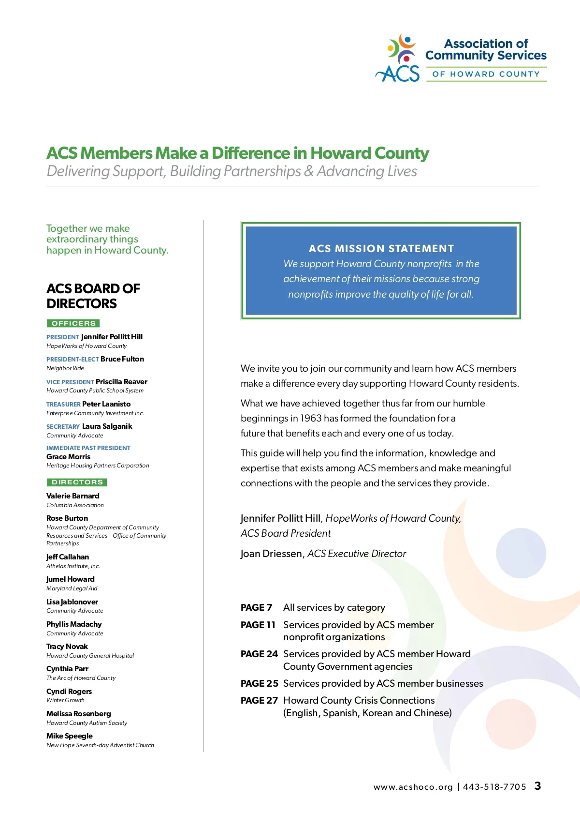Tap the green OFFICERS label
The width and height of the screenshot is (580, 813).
point(73,323)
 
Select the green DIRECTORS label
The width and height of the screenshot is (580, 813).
point(77,482)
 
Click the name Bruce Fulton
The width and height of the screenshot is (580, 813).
point(122,359)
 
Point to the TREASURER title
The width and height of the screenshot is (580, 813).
point(63,404)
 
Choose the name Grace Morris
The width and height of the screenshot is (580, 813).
point(68,457)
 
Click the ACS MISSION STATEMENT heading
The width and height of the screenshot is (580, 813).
point(381,249)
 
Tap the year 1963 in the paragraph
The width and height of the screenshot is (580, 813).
point(311,418)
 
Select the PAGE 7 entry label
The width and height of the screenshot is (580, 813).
point(256,607)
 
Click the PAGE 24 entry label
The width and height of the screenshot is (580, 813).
point(259,654)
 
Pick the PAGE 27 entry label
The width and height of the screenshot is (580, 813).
point(259,700)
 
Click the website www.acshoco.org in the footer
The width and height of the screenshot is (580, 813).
point(413,787)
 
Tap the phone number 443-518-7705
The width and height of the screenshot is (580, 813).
point(494,787)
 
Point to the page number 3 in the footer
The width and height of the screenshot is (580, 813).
point(537,786)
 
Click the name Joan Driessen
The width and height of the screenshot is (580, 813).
point(271,554)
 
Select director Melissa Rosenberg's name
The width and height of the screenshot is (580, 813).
point(79,714)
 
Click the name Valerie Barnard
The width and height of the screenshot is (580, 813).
point(73,496)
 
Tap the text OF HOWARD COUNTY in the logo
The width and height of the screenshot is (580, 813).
point(486,74)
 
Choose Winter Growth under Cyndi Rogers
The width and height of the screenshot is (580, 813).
point(65,700)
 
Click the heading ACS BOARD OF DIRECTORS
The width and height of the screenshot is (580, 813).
point(93,296)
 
